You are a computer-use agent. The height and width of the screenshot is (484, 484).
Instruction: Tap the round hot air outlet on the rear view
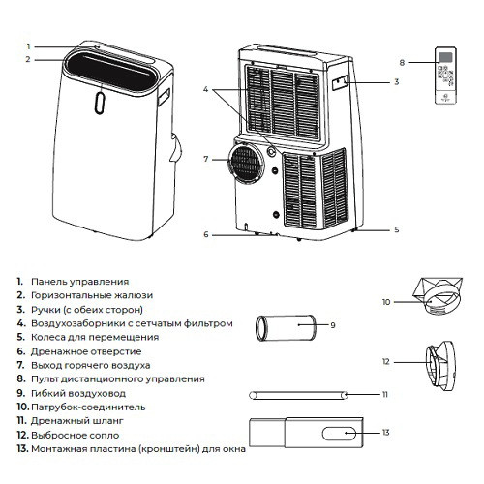click(248, 164)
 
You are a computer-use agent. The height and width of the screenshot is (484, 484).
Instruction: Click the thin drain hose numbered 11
click(300, 394)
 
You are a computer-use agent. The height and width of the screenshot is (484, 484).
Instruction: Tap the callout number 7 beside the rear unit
click(205, 158)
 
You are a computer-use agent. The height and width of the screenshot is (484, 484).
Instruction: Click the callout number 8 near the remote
click(402, 63)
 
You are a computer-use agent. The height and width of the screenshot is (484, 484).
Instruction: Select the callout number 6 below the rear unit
click(205, 234)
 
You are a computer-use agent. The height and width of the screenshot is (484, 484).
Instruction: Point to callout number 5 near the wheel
click(397, 230)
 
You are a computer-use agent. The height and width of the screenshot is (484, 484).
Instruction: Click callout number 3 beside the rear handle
click(396, 83)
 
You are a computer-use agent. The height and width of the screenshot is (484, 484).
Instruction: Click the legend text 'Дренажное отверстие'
click(86, 351)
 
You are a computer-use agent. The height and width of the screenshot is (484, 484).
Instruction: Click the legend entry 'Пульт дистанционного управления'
click(117, 379)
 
